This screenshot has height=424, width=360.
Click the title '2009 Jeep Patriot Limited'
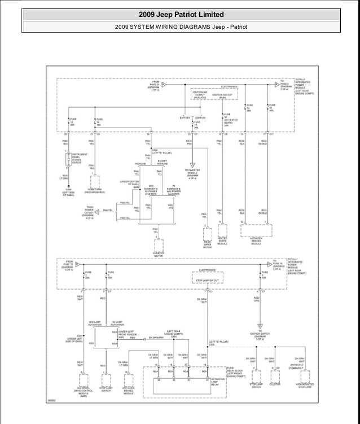[181, 14]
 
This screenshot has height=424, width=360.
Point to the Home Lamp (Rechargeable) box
[95, 181]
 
